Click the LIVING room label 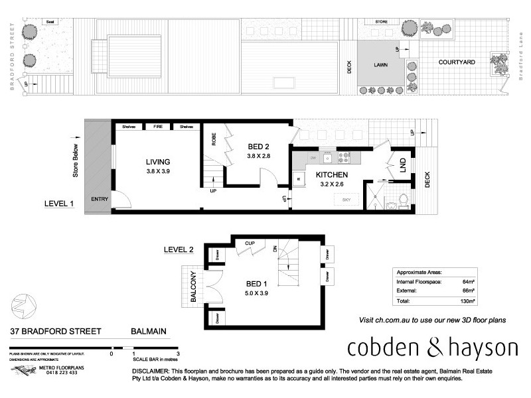[x=159, y=162]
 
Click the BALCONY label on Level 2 [x=194, y=287]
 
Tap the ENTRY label [x=99, y=199]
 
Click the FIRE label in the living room [x=158, y=127]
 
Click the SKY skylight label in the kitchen [x=346, y=199]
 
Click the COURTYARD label [x=456, y=62]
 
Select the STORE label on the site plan [x=382, y=22]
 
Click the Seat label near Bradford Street [x=50, y=22]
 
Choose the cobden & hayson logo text [x=433, y=347]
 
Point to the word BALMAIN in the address [x=147, y=332]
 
